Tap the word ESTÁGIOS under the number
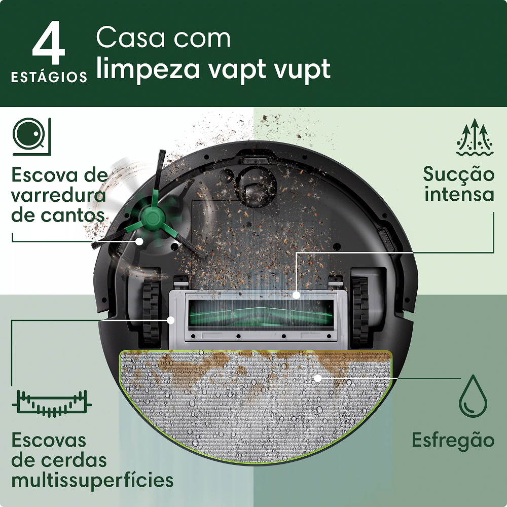pyautogui.click(x=49, y=78)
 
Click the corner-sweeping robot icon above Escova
pyautogui.click(x=32, y=136)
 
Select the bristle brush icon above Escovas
pyautogui.click(x=51, y=403)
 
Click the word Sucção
pyautogui.click(x=459, y=174)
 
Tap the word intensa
pyautogui.click(x=459, y=194)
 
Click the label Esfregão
pyautogui.click(x=453, y=440)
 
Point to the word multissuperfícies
pyautogui.click(x=92, y=480)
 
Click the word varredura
pyautogui.click(x=58, y=195)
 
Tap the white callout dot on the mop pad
pyautogui.click(x=317, y=378)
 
